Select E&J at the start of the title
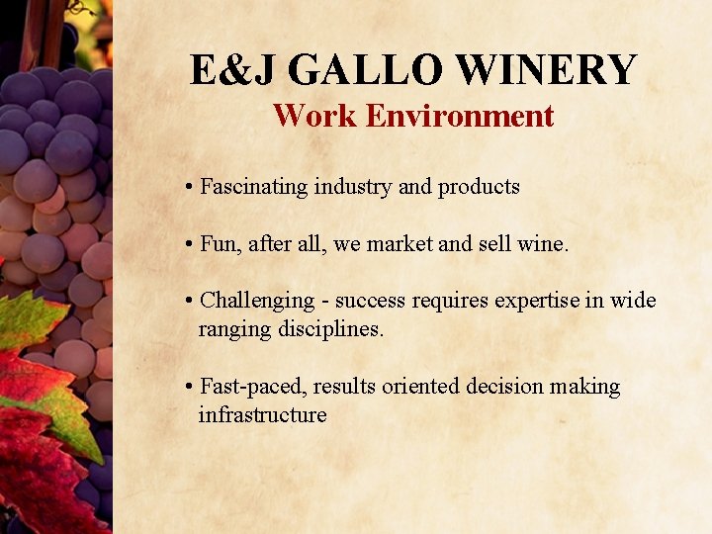coord(234,70)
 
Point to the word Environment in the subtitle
coord(459,116)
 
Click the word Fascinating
coord(254,186)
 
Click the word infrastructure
coord(262,414)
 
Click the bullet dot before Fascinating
coord(188,187)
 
